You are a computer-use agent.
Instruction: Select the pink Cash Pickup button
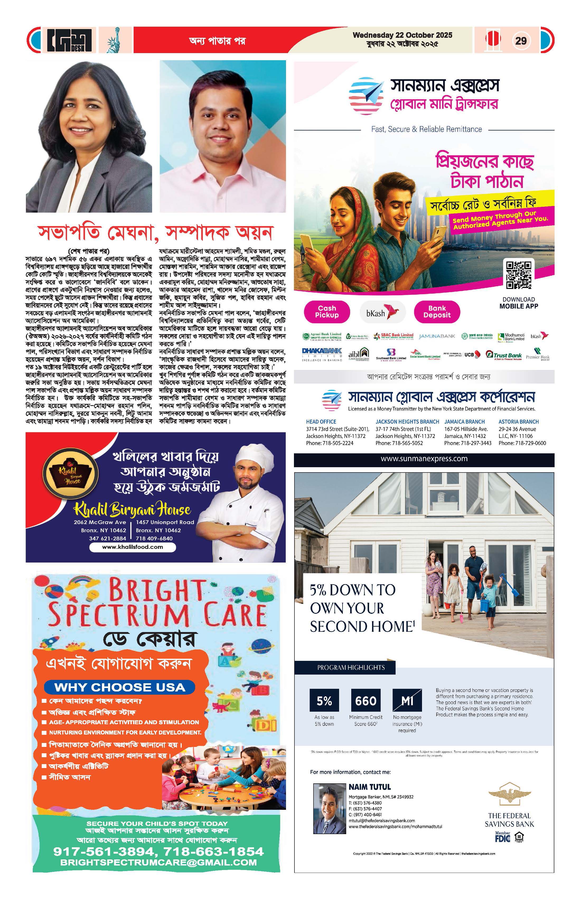pyautogui.click(x=327, y=312)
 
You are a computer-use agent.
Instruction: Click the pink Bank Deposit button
pyautogui.click(x=437, y=312)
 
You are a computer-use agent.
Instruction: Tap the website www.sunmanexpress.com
pyautogui.click(x=424, y=459)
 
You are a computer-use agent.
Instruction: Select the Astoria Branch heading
pyautogui.click(x=518, y=422)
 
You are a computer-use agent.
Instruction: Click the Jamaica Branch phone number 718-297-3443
pyautogui.click(x=468, y=443)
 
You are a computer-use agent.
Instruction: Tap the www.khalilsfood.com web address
pyautogui.click(x=132, y=547)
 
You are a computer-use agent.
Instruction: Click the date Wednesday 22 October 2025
pyautogui.click(x=402, y=35)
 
